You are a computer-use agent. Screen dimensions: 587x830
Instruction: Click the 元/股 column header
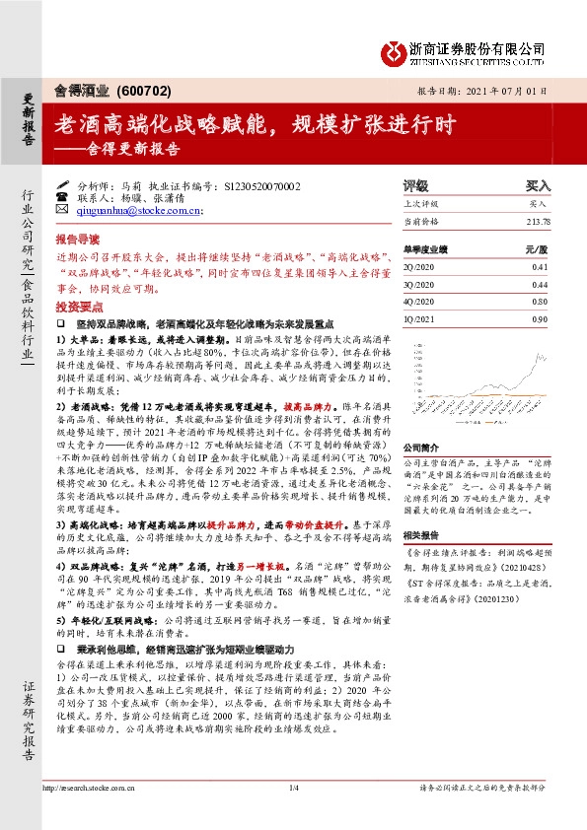(537, 250)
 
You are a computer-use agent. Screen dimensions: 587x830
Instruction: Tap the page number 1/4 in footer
(293, 787)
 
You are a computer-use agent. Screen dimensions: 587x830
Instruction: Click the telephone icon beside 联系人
(62, 197)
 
